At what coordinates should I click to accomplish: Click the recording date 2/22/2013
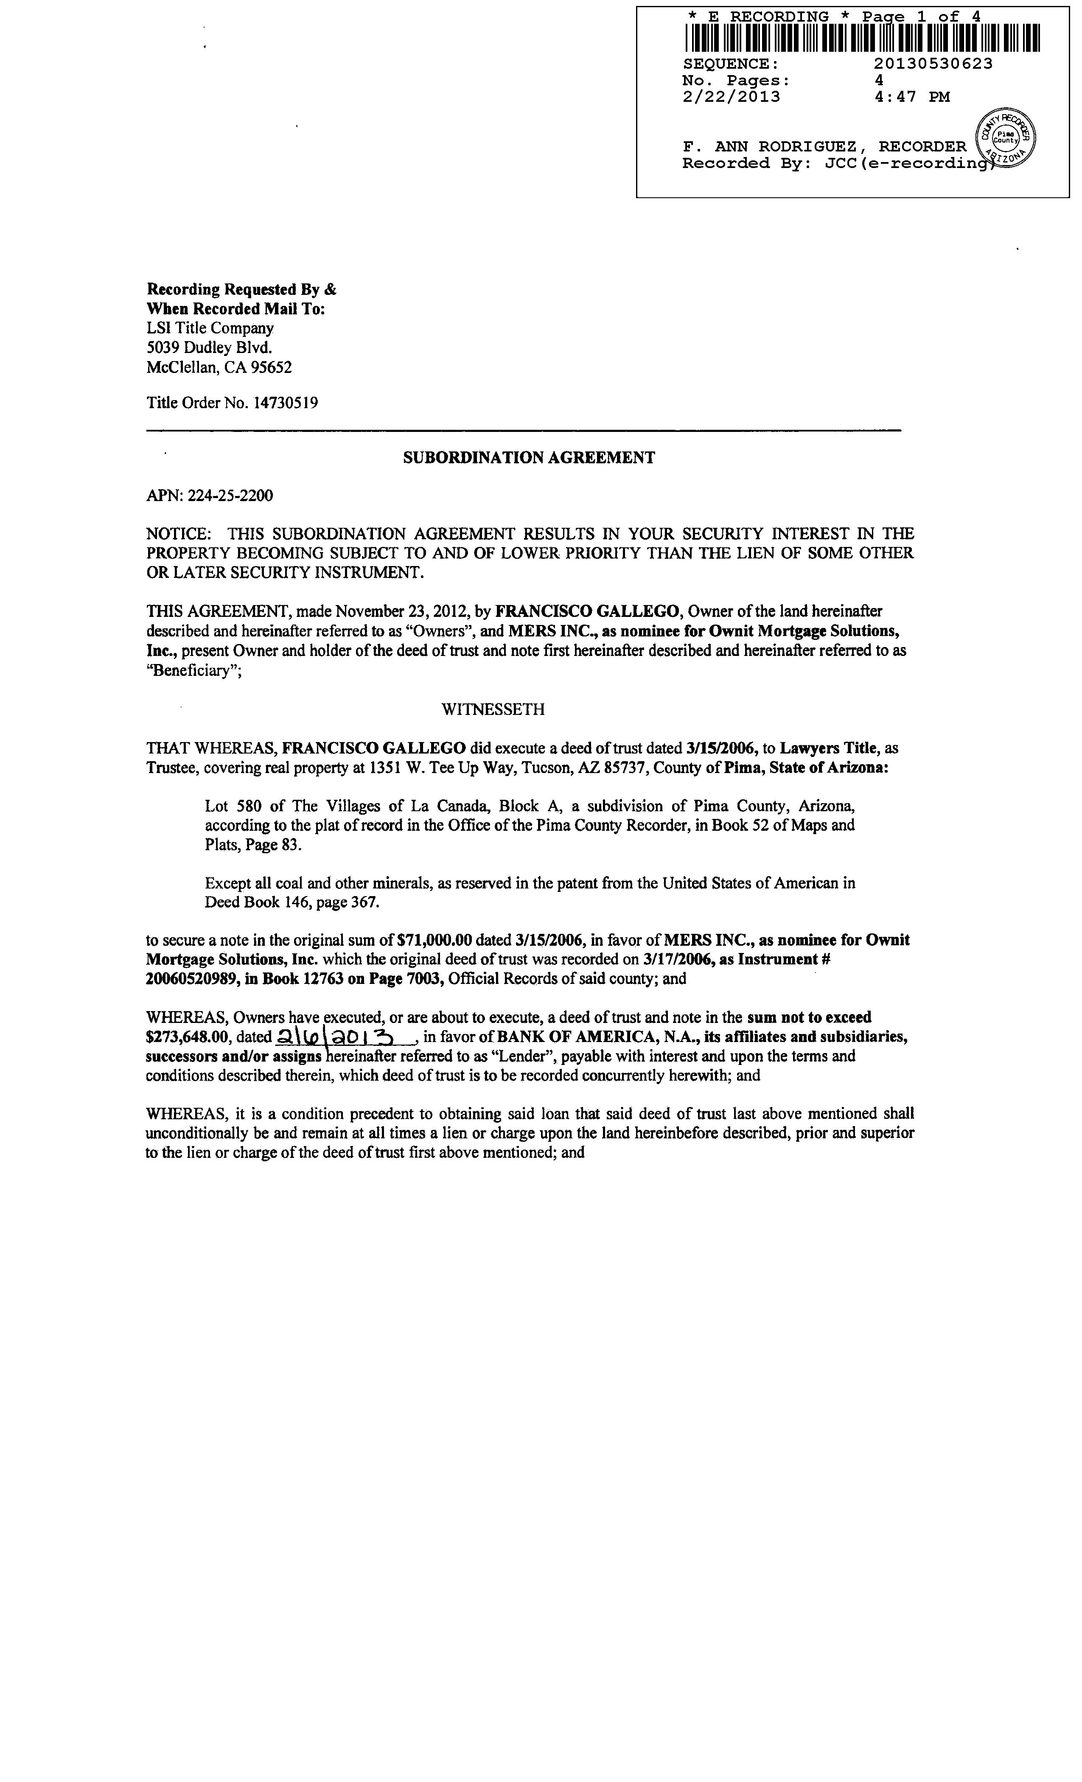731,97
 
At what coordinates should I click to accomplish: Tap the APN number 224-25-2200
230,496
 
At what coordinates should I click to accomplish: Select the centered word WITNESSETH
493,709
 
